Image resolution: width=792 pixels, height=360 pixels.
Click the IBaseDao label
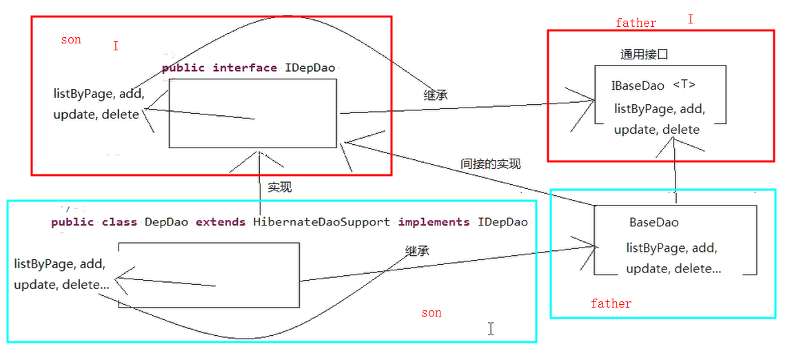(x=638, y=86)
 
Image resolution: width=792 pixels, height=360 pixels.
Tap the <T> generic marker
(x=684, y=85)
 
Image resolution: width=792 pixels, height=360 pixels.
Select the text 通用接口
(x=644, y=54)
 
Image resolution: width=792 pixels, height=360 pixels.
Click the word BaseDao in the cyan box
(x=653, y=223)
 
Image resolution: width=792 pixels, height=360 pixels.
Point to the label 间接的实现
(x=490, y=163)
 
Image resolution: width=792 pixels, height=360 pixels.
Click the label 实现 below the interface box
(x=280, y=187)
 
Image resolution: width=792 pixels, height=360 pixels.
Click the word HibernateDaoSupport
(x=321, y=222)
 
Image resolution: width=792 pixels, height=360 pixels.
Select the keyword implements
(x=434, y=222)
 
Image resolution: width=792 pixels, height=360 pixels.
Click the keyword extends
(x=220, y=222)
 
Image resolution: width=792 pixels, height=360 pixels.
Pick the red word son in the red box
(x=70, y=40)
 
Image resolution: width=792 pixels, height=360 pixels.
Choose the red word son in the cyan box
(x=431, y=313)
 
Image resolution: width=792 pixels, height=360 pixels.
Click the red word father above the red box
(x=636, y=23)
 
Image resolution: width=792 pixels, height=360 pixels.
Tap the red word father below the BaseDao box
(x=611, y=303)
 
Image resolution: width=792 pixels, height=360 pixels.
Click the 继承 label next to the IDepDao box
(x=435, y=95)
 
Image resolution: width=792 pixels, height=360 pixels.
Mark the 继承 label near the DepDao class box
(x=417, y=251)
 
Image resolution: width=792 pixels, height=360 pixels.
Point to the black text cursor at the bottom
(x=491, y=329)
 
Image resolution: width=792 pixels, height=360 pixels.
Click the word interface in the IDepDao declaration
(x=245, y=68)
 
